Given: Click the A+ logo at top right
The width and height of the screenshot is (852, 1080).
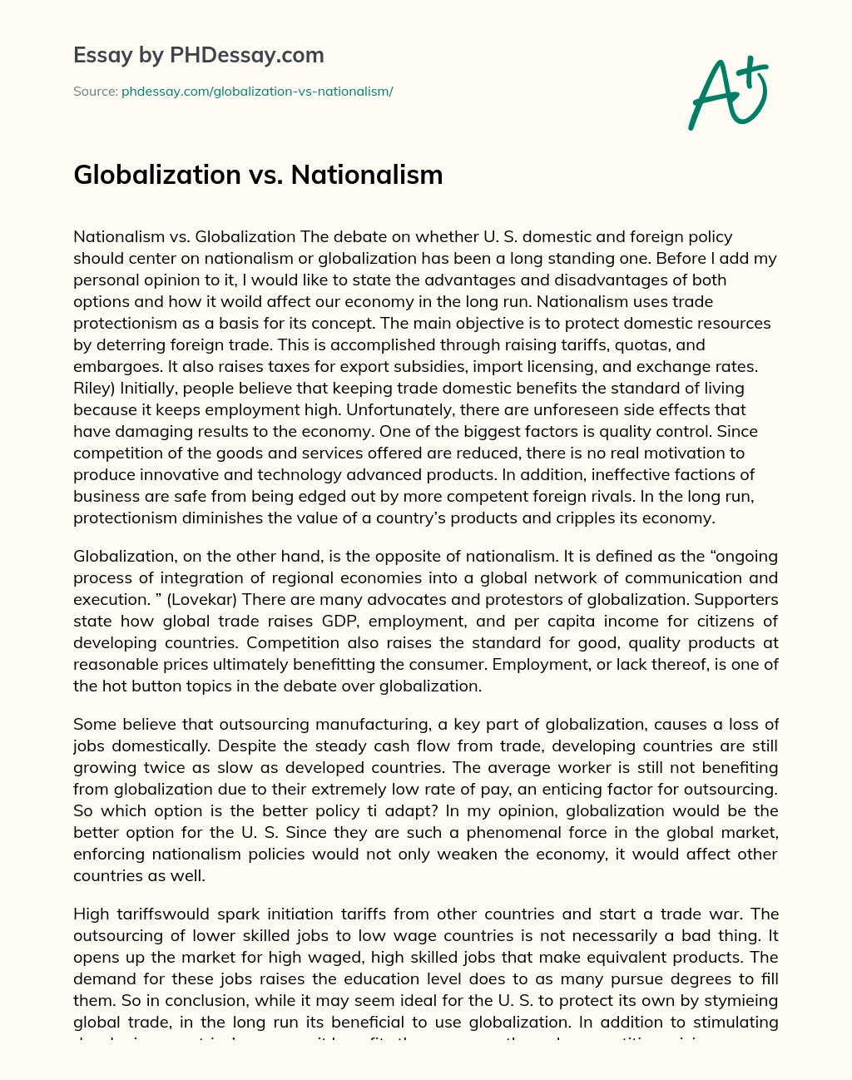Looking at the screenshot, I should (x=728, y=92).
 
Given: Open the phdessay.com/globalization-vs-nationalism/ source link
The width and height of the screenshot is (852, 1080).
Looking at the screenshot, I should (x=257, y=92).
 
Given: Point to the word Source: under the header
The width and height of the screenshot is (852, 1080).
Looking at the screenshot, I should (x=95, y=92).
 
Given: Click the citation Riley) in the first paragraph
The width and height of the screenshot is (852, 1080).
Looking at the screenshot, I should (x=94, y=388).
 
